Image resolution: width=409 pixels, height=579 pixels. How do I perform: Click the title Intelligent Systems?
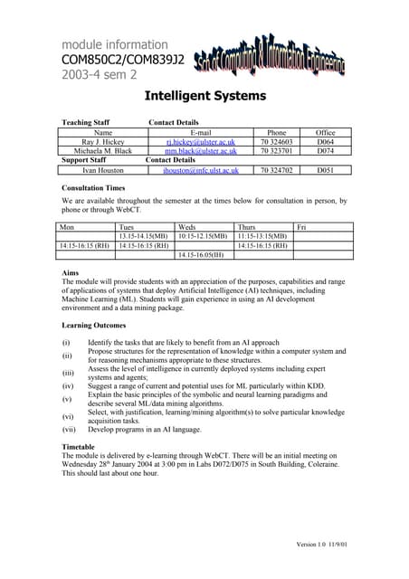pyautogui.click(x=204, y=95)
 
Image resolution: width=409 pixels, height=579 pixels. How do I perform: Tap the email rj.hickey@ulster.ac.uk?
pyautogui.click(x=201, y=142)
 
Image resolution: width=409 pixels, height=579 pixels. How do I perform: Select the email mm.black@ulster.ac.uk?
pyautogui.click(x=201, y=151)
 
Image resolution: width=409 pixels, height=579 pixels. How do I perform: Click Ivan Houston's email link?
pyautogui.click(x=201, y=169)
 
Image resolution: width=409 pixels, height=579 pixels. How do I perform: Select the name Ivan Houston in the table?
pyautogui.click(x=102, y=169)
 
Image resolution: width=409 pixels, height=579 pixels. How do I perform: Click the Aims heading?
pyautogui.click(x=70, y=271)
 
